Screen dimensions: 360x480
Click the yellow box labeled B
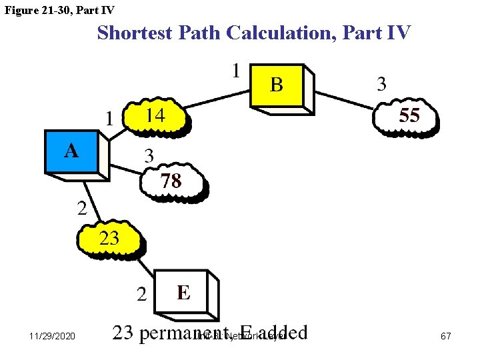[x=277, y=85]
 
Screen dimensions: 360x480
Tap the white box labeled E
[x=182, y=292]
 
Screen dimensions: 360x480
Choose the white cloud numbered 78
[x=172, y=181]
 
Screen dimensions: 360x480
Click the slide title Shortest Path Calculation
[x=254, y=32]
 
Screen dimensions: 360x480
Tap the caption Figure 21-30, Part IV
[x=59, y=10]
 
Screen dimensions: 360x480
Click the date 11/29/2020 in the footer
[x=52, y=337]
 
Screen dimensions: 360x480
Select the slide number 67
[x=446, y=337]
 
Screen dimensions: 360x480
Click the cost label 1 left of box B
[x=236, y=70]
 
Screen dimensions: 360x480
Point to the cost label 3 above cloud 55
[x=381, y=84]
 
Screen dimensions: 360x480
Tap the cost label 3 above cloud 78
[x=149, y=156]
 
